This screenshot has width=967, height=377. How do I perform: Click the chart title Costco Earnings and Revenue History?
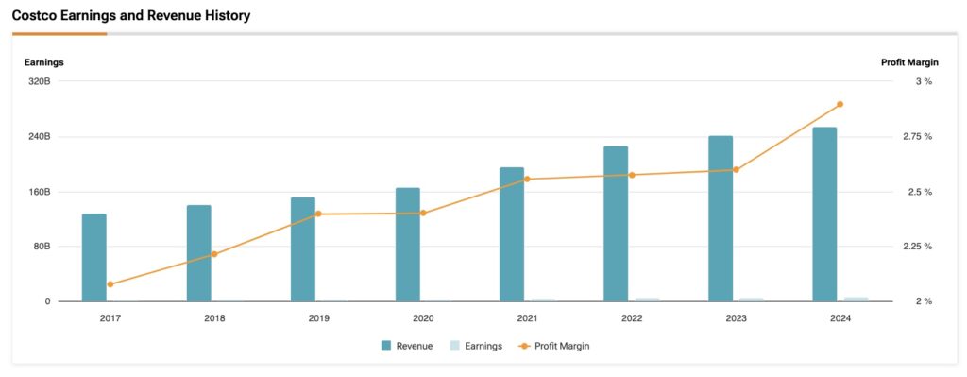coord(130,16)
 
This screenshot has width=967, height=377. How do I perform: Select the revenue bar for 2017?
coord(94,257)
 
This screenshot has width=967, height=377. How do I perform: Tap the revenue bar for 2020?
coord(407,244)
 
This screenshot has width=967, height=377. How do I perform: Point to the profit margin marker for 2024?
coord(840,104)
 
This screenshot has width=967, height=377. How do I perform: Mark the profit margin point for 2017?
coord(110,284)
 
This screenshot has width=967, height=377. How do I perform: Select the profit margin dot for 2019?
coord(318,214)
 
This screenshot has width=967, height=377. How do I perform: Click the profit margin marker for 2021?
coord(527,179)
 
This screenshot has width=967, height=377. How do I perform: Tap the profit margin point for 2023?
coord(736,170)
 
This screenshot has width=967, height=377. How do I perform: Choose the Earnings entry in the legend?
coord(477,346)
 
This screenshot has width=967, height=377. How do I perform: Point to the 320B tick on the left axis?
coord(40,81)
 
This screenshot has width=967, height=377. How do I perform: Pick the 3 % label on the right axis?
coord(923,81)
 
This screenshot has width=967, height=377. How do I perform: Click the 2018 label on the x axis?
coord(214,318)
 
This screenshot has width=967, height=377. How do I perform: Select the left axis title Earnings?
coord(43,62)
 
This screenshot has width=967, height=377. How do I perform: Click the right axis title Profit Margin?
coord(909,62)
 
